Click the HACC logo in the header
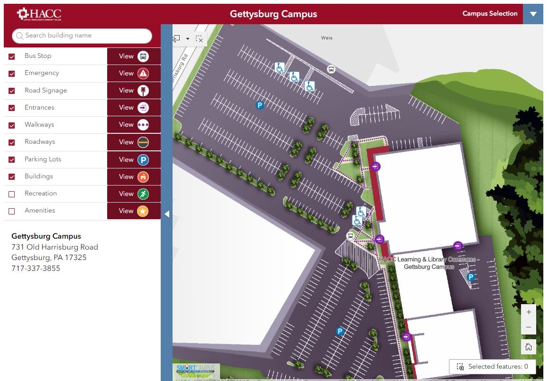39,14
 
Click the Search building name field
82,36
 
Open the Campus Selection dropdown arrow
533,14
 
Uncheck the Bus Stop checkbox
12,56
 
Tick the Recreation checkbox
12,194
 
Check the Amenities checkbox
12,211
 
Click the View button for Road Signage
134,91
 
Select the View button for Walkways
134,125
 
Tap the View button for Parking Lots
134,159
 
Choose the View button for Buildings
134,177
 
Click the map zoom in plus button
529,312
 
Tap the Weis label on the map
327,38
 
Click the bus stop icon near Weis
331,69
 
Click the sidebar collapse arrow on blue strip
167,214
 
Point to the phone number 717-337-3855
36,269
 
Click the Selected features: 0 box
492,366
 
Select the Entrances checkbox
12,108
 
